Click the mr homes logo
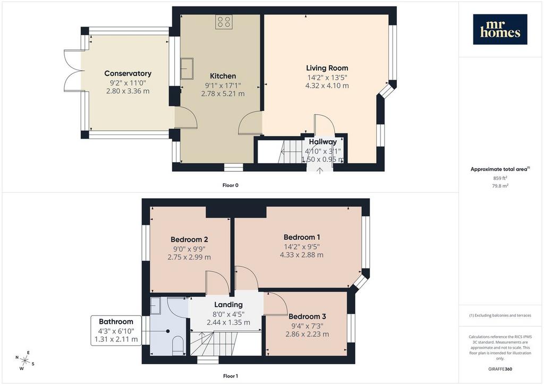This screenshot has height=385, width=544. click(500, 29)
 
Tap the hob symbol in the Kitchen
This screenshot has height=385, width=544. click(224, 22)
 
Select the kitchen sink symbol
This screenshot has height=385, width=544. click(186, 69)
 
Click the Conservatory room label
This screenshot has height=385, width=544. click(128, 73)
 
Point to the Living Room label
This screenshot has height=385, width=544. click(327, 68)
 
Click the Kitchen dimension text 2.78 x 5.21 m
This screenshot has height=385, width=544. click(223, 94)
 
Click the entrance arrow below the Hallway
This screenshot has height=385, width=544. click(319, 171)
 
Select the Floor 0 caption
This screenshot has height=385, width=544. click(231, 185)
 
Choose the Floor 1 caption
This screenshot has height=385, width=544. click(231, 376)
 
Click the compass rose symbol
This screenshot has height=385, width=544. click(25, 361)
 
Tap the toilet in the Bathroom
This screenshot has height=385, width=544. click(178, 346)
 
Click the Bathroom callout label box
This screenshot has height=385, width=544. click(116, 331)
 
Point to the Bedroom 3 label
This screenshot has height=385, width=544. click(307, 316)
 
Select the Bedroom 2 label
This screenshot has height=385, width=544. click(189, 239)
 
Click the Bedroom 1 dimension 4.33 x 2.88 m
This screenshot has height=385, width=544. click(302, 255)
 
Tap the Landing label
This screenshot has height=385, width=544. click(228, 305)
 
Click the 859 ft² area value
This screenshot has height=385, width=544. click(500, 178)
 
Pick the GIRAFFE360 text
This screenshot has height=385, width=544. click(500, 369)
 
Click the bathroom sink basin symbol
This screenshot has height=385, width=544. click(156, 305)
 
